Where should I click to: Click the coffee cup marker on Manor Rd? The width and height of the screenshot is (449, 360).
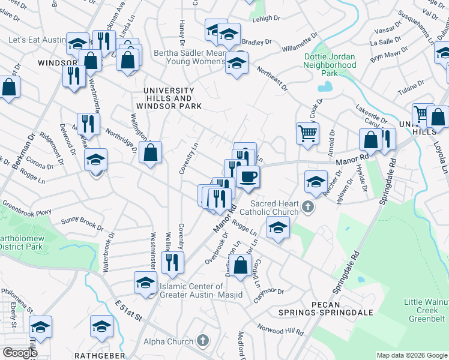coord(248,176)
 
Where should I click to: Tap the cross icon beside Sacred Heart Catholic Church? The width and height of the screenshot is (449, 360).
coord(308,208)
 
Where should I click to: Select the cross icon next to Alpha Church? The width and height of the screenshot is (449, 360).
coord(203,340)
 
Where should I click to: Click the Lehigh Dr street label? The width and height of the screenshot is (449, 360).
coord(268,19)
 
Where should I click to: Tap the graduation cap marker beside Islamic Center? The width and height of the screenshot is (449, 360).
coord(145,284)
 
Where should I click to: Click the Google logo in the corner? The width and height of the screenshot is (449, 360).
coord(19,353)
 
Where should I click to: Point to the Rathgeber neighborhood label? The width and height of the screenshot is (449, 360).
coord(99,355)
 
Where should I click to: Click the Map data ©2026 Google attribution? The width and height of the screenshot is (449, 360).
coord(412,355)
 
